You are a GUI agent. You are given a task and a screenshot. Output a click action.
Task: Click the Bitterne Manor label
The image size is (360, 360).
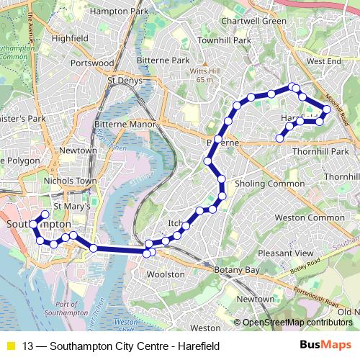(x=125, y=125)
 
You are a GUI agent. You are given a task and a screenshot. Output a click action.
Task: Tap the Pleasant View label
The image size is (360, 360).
(x=286, y=253)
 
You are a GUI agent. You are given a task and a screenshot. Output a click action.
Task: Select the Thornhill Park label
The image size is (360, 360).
(x=320, y=151)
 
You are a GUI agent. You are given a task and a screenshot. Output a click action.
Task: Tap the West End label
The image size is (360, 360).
(x=323, y=63)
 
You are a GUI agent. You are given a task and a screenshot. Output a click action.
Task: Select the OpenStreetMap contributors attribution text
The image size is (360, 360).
(x=297, y=323)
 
